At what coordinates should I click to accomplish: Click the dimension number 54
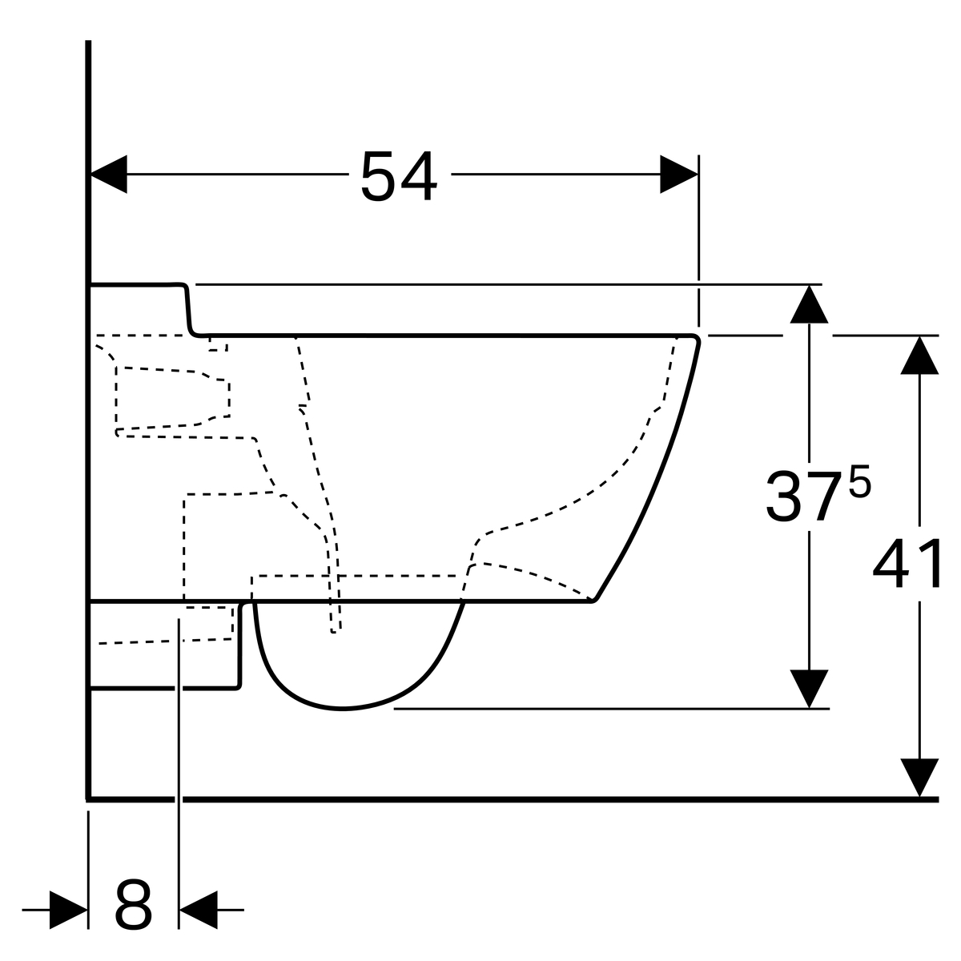pos(399,175)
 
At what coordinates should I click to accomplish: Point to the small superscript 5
pos(860,481)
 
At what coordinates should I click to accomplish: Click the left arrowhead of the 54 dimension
pos(109,174)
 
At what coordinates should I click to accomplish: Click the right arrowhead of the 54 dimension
pos(679,174)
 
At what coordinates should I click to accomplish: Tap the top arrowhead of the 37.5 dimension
pos(810,304)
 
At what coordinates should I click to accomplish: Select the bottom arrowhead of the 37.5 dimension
pos(810,689)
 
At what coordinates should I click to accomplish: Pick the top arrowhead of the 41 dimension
pos(919,355)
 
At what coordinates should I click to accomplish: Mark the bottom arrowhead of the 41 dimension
pos(919,778)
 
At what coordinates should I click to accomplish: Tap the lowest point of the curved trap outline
pos(342,709)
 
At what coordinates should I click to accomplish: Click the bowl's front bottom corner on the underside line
pos(593,601)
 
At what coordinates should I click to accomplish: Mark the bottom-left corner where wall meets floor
pos(88,799)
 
